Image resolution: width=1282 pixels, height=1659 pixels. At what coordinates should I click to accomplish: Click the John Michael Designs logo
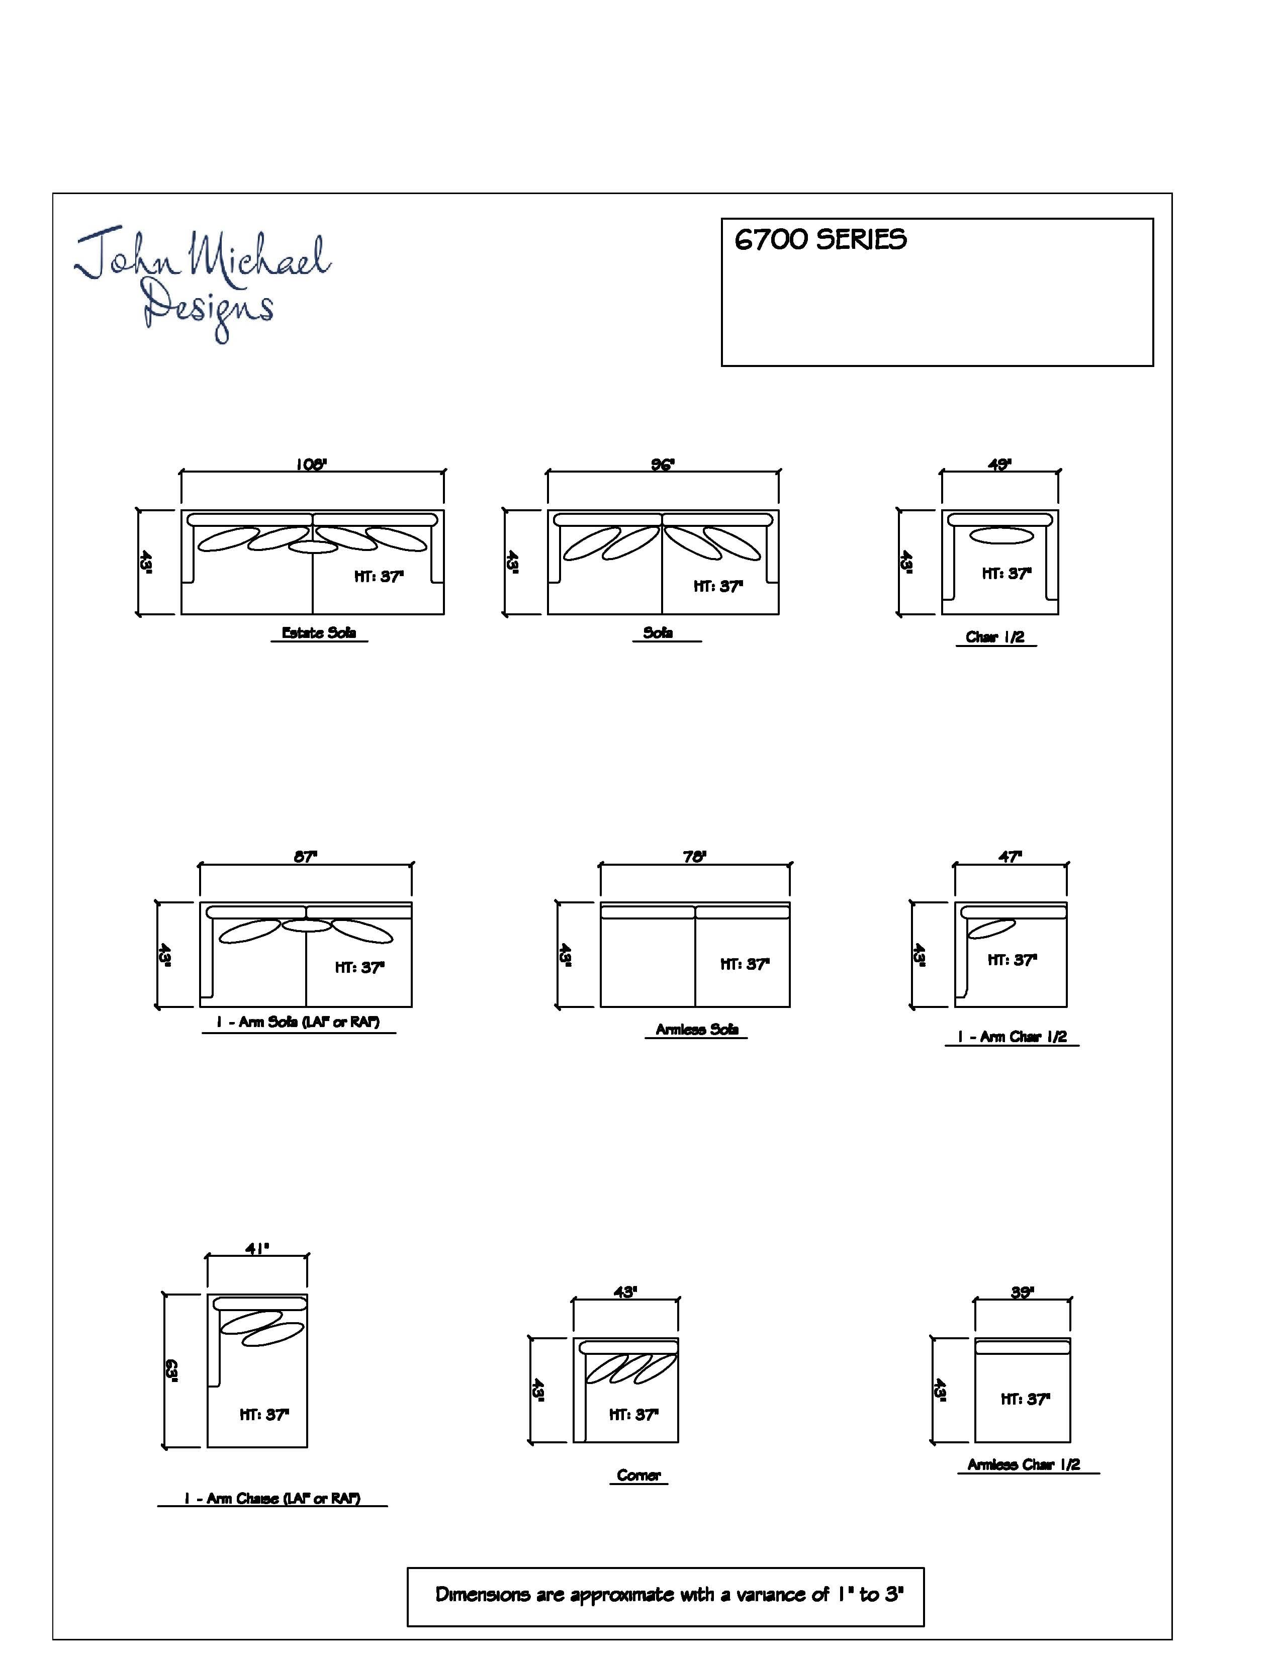point(202,283)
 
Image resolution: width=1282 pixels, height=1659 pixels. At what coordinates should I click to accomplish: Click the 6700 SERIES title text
point(820,240)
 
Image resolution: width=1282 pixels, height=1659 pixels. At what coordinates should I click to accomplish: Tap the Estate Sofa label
point(319,633)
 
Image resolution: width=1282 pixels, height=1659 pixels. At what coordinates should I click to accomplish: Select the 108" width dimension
point(311,464)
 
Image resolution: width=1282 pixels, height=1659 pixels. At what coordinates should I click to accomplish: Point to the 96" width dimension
point(662,464)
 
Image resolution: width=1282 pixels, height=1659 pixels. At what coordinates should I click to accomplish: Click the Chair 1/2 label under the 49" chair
point(995,637)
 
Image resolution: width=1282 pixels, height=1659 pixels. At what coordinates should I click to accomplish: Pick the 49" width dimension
point(999,464)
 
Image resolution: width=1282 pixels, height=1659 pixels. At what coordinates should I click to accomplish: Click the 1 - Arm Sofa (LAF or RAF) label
point(298,1022)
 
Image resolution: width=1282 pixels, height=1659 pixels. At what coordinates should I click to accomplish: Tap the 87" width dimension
point(305,856)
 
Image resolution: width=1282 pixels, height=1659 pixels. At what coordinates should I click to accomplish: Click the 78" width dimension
point(694,856)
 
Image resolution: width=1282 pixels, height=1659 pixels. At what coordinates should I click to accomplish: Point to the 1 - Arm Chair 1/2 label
point(1012,1037)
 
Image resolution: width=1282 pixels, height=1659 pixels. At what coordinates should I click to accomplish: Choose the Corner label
point(638,1475)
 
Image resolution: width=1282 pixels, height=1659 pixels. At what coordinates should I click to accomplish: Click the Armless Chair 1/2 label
point(1024,1464)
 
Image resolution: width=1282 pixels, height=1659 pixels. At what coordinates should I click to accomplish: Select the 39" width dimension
point(1022,1292)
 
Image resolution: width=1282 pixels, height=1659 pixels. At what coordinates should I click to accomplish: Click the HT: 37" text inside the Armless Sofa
point(745,964)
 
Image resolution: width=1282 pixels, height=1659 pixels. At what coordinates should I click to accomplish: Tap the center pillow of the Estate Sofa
point(312,547)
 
